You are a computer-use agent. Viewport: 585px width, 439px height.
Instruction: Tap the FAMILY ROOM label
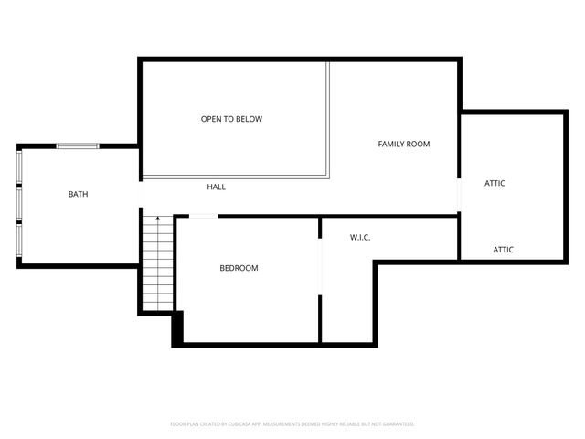point(404,144)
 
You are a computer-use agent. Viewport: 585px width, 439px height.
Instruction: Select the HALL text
point(216,187)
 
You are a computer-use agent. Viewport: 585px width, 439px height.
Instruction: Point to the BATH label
point(79,194)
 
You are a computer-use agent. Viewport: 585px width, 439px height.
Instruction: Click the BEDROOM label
point(239,268)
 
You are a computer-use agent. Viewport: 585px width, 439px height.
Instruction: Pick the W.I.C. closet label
point(360,238)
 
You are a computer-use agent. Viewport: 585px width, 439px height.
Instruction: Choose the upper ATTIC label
point(495,183)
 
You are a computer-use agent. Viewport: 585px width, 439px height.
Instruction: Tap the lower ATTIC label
point(504,249)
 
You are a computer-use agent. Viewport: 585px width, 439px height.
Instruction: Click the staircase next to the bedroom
point(157,265)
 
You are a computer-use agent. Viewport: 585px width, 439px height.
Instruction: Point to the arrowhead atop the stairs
point(158,218)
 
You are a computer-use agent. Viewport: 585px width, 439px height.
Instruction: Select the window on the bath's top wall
point(78,145)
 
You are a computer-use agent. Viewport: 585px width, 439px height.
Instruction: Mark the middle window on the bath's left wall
point(19,201)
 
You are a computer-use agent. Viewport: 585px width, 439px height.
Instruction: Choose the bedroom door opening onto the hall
point(203,217)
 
